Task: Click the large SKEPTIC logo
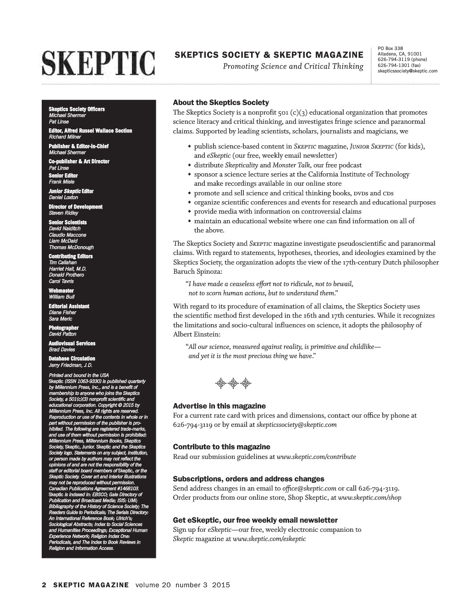99,64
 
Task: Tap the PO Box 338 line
390,48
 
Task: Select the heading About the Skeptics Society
221,103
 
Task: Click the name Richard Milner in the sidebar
65,137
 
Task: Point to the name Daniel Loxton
63,198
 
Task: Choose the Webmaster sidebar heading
61,291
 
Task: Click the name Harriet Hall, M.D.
67,269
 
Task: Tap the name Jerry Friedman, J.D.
71,365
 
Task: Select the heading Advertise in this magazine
219,406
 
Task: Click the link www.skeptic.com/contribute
316,457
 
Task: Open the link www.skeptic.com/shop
369,498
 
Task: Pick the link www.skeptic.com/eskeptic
269,539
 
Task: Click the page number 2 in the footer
44,585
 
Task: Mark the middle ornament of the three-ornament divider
233,383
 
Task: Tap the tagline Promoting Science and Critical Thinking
293,67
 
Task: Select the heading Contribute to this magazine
221,447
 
